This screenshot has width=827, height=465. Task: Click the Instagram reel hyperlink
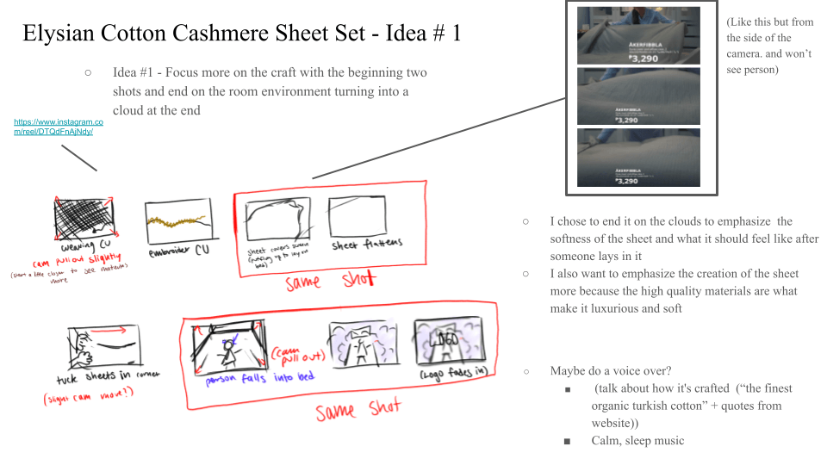pyautogui.click(x=53, y=127)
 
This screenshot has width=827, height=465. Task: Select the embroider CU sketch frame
pyautogui.click(x=178, y=221)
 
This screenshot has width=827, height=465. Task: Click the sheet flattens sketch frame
pyautogui.click(x=357, y=215)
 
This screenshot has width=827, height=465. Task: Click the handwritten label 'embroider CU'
pyautogui.click(x=178, y=253)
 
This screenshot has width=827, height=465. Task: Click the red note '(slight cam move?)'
pyautogui.click(x=83, y=400)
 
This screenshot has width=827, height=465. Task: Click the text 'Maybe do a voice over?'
pyautogui.click(x=611, y=371)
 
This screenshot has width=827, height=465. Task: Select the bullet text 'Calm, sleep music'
pyautogui.click(x=637, y=440)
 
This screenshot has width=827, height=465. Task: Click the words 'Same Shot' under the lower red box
pyautogui.click(x=358, y=410)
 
